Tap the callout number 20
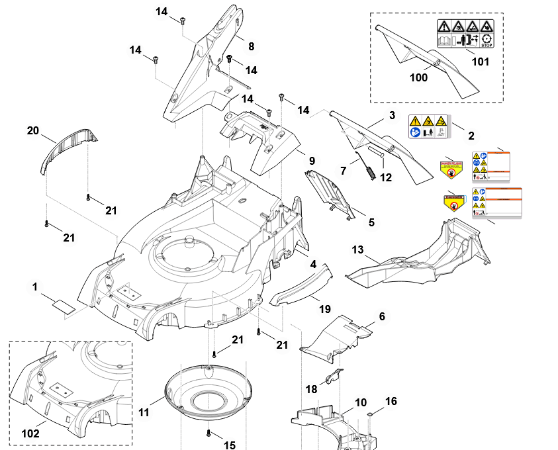[33, 131]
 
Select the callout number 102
[30, 433]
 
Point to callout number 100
[418, 77]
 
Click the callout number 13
[357, 249]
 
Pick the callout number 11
[144, 412]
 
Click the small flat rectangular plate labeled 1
[64, 306]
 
